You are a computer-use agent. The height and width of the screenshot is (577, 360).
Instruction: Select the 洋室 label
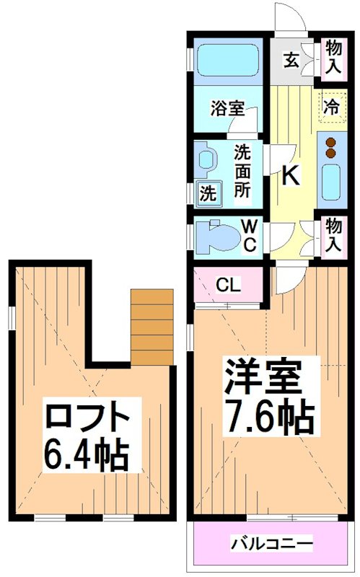pyautogui.click(x=262, y=376)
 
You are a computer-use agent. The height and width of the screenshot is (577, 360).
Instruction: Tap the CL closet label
pyautogui.click(x=228, y=285)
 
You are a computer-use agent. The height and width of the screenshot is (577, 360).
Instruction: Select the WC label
pyautogui.click(x=249, y=237)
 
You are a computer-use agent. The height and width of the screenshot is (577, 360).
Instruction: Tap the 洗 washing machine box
pyautogui.click(x=207, y=193)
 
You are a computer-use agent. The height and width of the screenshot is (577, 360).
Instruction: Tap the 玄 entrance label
pyautogui.click(x=290, y=61)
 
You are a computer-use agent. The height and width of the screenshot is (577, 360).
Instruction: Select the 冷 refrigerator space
pyautogui.click(x=331, y=107)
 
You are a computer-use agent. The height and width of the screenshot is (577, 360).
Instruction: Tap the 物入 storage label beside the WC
pyautogui.click(x=333, y=236)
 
